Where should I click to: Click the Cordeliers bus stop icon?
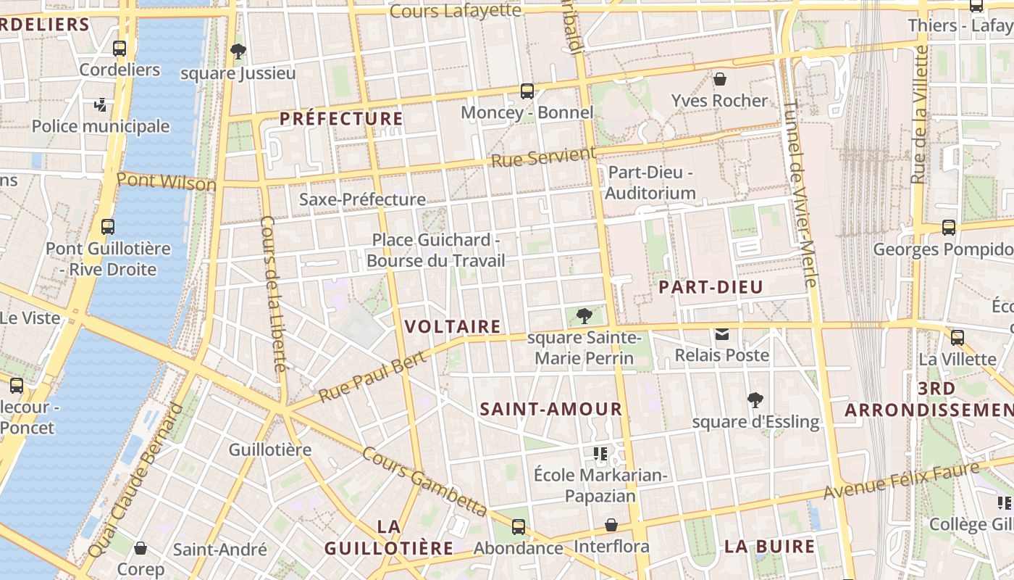120,49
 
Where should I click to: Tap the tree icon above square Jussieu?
238,51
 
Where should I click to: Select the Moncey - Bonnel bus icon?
527,91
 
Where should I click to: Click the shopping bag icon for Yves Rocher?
720,78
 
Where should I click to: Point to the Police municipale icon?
101,105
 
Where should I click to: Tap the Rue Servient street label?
543,157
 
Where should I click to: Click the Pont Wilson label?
167,181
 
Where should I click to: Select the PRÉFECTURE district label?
341,119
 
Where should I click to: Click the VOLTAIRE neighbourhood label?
453,327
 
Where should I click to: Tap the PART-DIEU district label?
711,287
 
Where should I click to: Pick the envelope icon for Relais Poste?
722,334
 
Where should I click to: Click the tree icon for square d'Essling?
755,399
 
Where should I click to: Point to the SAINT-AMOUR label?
551,409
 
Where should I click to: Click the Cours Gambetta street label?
424,480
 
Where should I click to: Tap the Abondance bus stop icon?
519,527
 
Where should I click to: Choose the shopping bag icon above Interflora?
611,525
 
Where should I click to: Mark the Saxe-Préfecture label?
362,199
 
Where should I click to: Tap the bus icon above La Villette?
958,337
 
